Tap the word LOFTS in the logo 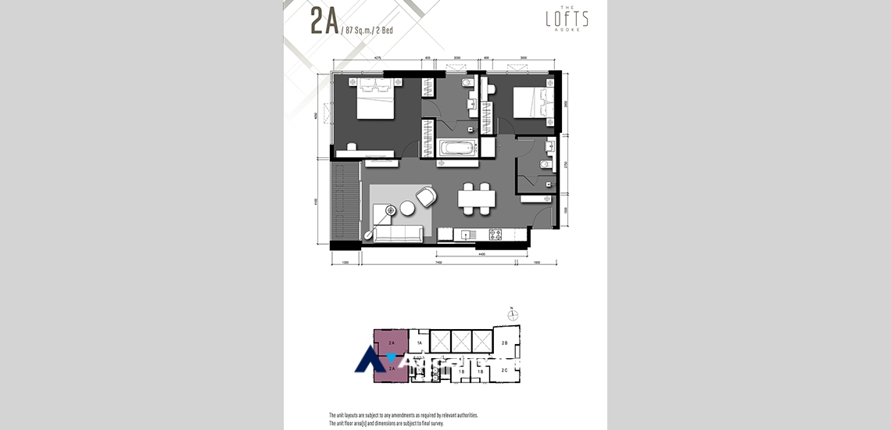click(x=567, y=19)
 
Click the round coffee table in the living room click(x=408, y=208)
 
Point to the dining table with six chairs click(x=476, y=199)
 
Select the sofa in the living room click(x=399, y=234)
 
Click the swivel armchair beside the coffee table click(x=426, y=197)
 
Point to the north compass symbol click(x=512, y=315)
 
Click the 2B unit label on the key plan click(x=505, y=343)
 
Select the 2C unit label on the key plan click(x=505, y=370)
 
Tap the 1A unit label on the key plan click(x=419, y=343)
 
